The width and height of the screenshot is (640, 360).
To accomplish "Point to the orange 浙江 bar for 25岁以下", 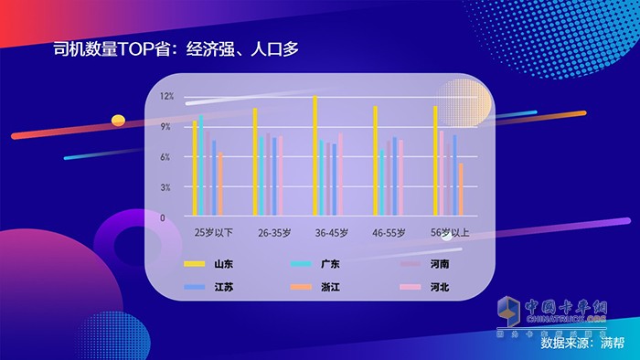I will click(x=220, y=185).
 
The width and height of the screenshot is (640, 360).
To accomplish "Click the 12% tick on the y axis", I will click(x=166, y=96).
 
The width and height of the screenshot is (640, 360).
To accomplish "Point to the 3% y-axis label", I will click(x=166, y=187).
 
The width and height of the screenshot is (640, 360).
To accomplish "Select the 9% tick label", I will click(x=166, y=127).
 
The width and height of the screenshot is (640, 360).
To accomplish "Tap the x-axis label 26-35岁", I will click(x=275, y=233).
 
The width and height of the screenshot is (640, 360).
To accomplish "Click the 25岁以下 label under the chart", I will click(x=213, y=233).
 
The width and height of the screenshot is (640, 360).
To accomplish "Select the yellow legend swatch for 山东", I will click(x=194, y=264).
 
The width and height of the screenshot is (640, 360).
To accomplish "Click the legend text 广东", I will click(x=331, y=264).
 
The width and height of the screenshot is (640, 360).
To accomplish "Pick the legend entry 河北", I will click(x=439, y=288).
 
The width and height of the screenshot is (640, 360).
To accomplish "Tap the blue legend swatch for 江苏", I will click(x=194, y=288).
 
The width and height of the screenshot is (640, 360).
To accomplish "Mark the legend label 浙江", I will click(x=331, y=288).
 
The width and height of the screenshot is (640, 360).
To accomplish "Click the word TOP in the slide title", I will click(x=133, y=48).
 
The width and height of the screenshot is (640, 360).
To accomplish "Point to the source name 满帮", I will click(x=612, y=344).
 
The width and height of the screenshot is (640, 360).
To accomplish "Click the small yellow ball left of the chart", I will click(x=117, y=120).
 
